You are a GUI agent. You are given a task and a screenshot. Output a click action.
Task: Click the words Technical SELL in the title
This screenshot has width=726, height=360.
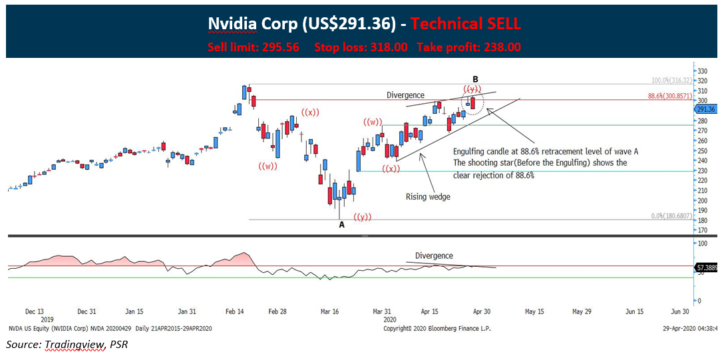click(x=465, y=24)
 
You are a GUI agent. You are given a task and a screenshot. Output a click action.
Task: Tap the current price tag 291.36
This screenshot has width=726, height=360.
click(x=706, y=109)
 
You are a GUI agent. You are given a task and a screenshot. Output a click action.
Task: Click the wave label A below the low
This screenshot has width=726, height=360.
click(x=341, y=225)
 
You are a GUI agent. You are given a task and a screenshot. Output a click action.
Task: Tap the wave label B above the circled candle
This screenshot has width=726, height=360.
click(x=475, y=78)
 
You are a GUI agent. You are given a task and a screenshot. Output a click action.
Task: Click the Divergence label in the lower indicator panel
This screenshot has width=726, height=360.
click(x=434, y=256)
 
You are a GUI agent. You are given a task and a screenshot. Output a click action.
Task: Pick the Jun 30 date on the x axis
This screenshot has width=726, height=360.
click(x=679, y=311)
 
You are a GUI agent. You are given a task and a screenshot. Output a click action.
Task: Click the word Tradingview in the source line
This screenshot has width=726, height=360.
click(x=71, y=345)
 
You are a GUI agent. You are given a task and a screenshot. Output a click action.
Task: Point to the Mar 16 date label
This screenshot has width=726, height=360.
click(x=331, y=311)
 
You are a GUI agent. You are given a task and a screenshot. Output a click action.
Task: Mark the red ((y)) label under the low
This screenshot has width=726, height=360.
click(x=363, y=218)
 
